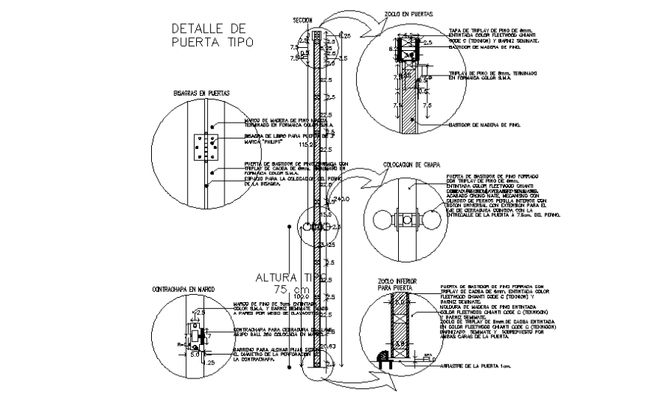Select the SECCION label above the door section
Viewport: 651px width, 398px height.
pyautogui.click(x=302, y=20)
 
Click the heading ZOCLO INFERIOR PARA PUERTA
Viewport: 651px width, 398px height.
pyautogui.click(x=394, y=284)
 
